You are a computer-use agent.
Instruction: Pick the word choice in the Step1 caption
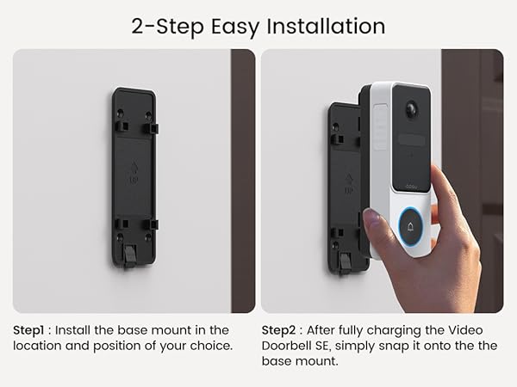(x=210, y=345)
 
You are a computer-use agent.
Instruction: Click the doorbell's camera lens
(x=410, y=111)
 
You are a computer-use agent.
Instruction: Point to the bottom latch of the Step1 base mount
(x=130, y=255)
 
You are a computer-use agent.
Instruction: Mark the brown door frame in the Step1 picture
(x=242, y=181)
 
